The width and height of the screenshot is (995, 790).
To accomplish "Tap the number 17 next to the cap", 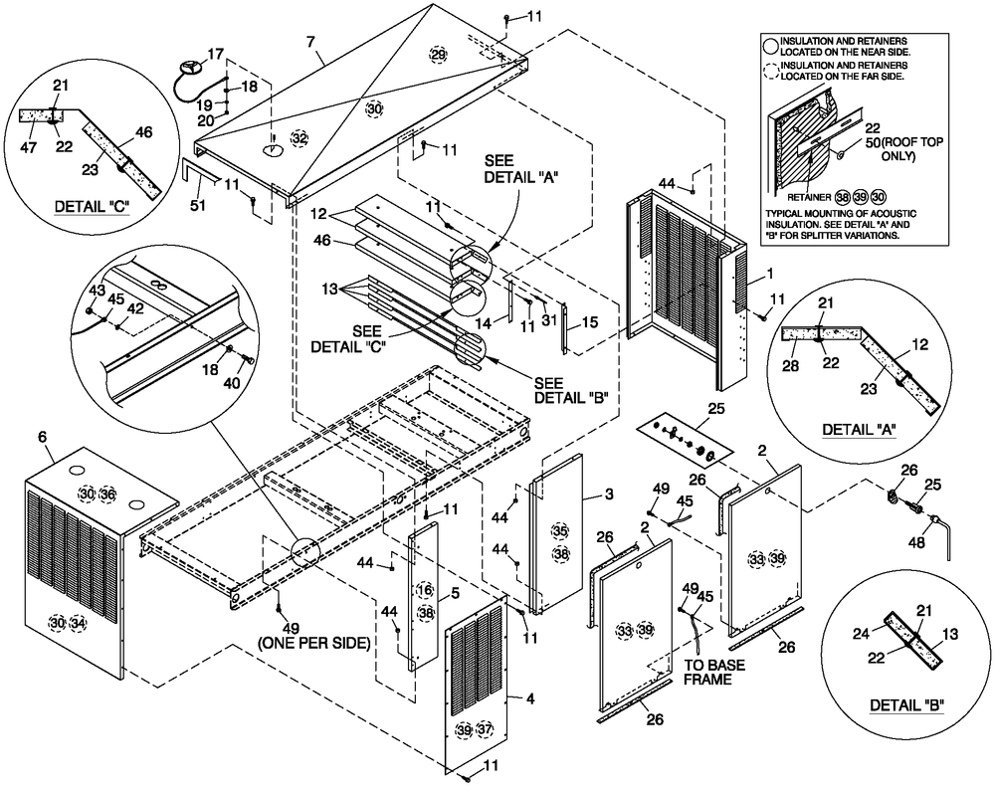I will (x=216, y=56).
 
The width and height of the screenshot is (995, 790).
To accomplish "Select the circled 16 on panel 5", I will (x=426, y=591).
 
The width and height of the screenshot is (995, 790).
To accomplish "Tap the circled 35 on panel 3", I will (x=561, y=530).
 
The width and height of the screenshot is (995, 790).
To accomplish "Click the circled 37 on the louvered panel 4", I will (x=484, y=730).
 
